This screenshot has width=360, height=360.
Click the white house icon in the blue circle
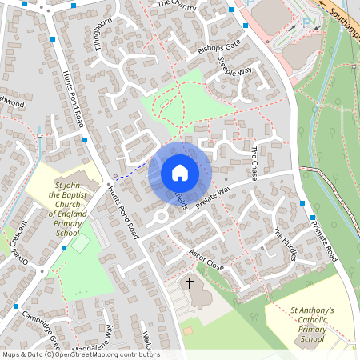[180, 173]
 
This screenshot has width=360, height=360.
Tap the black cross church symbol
[190, 282]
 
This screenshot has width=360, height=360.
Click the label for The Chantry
[177, 4]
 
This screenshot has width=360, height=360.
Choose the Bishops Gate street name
[218, 50]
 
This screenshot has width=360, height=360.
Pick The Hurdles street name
[284, 243]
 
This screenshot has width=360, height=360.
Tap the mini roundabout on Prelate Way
[160, 216]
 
